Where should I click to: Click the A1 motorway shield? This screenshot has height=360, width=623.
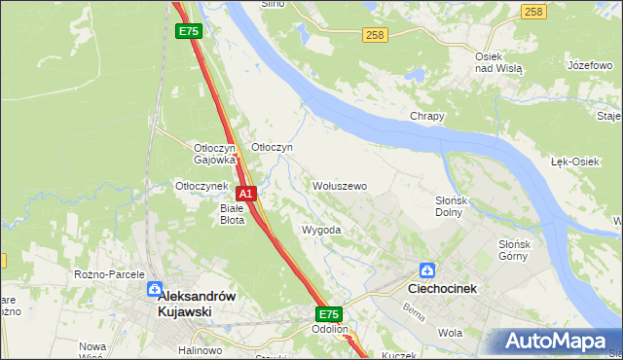coord(246,194)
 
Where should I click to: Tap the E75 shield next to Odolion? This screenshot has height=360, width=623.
coord(328,314)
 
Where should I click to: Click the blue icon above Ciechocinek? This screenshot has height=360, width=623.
coord(426,270)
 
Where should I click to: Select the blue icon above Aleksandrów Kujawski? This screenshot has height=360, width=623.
coord(155,290)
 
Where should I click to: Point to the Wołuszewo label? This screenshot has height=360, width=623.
coord(339,185)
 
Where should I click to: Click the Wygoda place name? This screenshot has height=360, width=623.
coord(321,231)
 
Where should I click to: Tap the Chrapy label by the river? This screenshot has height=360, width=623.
coord(426,116)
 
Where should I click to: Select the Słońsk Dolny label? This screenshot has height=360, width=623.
coord(452,205)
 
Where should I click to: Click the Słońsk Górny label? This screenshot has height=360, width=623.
coord(526,250)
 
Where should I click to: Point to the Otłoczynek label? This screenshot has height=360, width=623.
coord(201,185)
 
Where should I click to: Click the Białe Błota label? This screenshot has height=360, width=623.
coord(232,213)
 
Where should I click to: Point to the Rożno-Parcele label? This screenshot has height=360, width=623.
coord(109,274)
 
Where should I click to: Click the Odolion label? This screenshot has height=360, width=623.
coord(330,330)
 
